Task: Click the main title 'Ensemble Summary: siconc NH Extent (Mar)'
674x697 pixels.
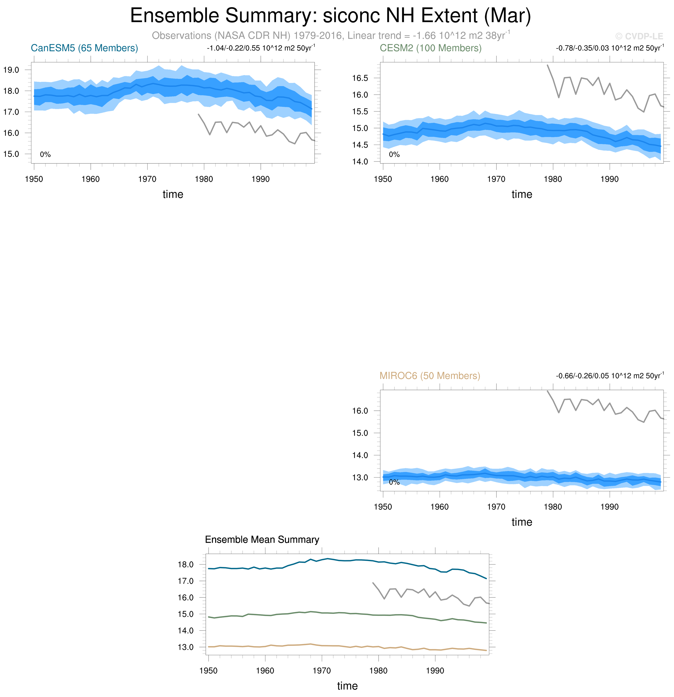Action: click(330, 16)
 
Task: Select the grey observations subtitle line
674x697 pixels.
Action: click(330, 36)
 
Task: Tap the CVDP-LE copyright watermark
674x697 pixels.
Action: click(639, 36)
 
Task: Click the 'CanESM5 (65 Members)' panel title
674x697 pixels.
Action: click(84, 48)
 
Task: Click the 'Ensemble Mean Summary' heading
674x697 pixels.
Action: click(262, 539)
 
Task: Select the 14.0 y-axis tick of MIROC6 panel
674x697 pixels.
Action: click(360, 455)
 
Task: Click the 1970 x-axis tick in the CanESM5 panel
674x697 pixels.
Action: click(147, 179)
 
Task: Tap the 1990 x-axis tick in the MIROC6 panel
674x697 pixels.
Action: click(609, 507)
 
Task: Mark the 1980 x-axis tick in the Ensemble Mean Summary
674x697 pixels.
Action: click(378, 671)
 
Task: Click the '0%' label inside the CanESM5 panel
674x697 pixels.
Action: click(45, 154)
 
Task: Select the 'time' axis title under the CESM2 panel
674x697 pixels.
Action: click(521, 194)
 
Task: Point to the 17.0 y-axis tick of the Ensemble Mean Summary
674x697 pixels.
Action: click(185, 581)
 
